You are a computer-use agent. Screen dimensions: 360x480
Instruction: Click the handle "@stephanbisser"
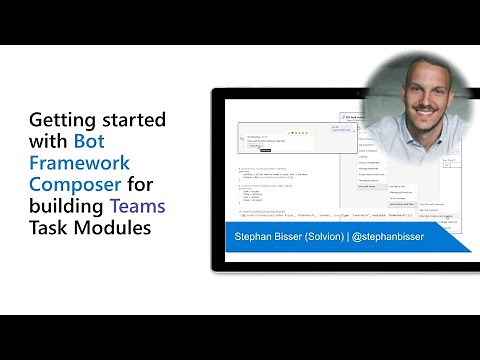point(414,239)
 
